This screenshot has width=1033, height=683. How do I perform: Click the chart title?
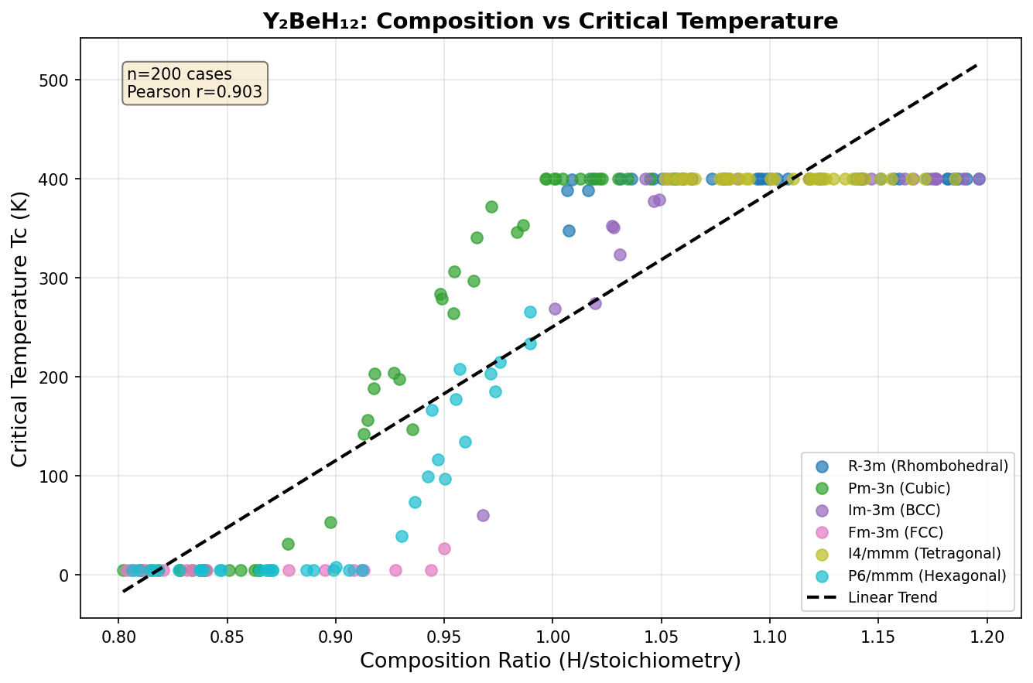click(x=550, y=21)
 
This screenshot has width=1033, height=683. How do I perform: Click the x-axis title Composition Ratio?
click(x=550, y=661)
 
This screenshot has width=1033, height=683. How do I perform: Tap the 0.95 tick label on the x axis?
click(x=444, y=636)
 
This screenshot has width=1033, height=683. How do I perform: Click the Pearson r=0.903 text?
click(x=194, y=93)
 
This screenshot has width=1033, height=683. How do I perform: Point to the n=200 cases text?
click(x=179, y=75)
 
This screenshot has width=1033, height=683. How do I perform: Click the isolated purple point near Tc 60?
click(x=483, y=515)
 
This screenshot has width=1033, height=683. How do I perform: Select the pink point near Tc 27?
click(x=444, y=548)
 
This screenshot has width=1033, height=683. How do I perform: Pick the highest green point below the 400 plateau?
click(x=491, y=207)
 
